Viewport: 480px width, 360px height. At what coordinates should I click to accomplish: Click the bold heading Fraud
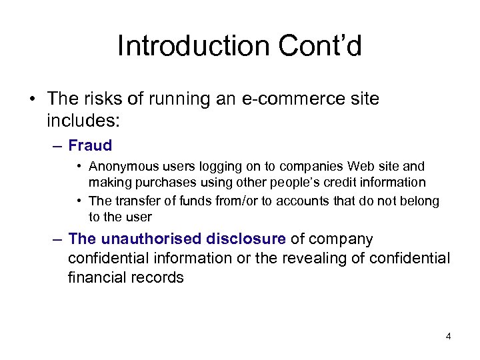tap(90, 145)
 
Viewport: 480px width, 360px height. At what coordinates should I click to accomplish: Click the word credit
tap(345, 182)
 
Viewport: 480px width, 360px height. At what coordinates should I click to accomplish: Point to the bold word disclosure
tap(246, 239)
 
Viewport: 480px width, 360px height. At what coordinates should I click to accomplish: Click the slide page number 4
tap(448, 337)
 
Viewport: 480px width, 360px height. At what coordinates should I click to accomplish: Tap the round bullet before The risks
tap(31, 100)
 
